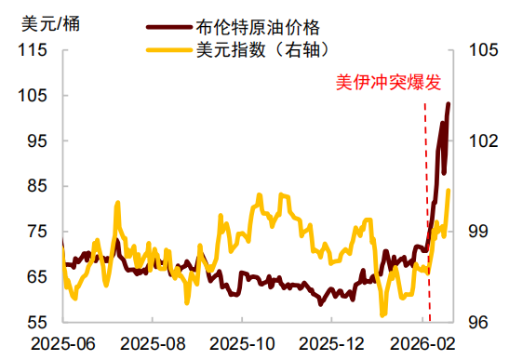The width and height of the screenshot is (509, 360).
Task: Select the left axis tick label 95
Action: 36,141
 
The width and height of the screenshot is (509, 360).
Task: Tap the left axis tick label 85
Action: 36,186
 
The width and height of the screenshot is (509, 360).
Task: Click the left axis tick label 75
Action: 36,232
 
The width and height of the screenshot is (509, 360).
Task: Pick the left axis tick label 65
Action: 36,277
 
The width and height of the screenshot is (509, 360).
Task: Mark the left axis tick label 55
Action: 36,322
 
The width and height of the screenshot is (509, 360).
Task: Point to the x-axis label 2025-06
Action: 62,344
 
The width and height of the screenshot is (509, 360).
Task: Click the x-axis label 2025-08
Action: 154,344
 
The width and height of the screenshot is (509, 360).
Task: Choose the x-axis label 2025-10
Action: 245,344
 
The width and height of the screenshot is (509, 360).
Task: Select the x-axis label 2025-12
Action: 336,344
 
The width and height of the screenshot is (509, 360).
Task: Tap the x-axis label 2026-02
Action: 425,344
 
